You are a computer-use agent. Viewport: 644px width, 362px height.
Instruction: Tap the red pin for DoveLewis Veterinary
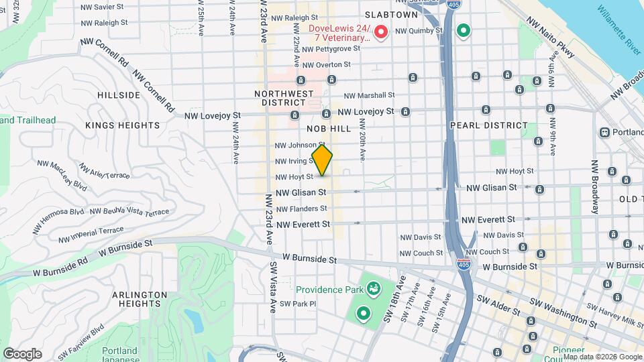(x=381, y=32)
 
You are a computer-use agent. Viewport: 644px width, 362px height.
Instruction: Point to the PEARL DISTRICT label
(x=489, y=125)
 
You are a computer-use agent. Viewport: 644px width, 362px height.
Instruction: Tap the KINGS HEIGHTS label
(x=123, y=125)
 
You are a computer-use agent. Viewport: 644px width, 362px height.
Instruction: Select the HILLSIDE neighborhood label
(x=119, y=95)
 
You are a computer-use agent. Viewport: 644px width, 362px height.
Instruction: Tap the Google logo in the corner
(x=22, y=353)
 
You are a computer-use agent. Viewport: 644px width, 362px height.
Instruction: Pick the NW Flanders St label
(x=301, y=209)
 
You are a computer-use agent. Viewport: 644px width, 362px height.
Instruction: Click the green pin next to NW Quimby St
(x=463, y=31)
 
